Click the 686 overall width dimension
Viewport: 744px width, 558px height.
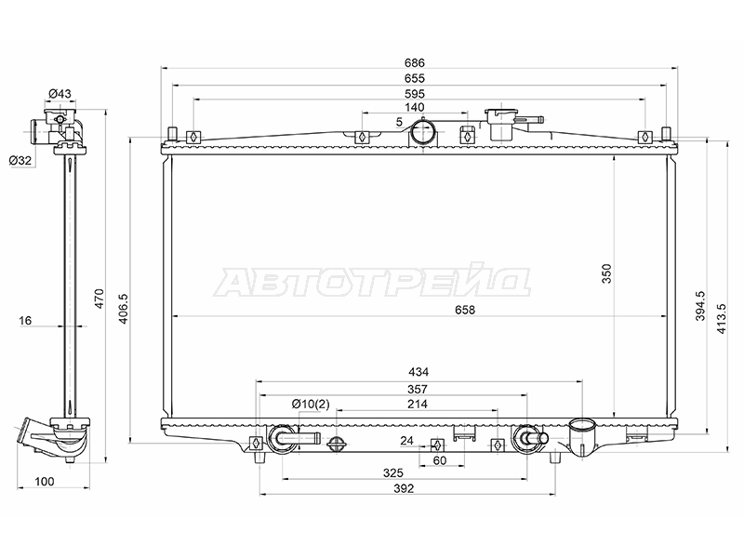pos(414,62)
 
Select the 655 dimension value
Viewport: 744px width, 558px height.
pos(414,78)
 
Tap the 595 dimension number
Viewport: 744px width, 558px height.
pos(414,94)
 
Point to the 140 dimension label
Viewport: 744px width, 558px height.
pos(414,108)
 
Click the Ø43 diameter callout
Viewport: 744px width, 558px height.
pos(60,94)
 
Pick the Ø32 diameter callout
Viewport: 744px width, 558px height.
pos(20,160)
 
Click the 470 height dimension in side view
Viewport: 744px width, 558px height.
pos(100,299)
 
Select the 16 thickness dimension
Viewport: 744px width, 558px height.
pos(25,321)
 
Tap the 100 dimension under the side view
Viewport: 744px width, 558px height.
pos(45,482)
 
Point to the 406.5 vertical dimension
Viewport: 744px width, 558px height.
pos(124,309)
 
